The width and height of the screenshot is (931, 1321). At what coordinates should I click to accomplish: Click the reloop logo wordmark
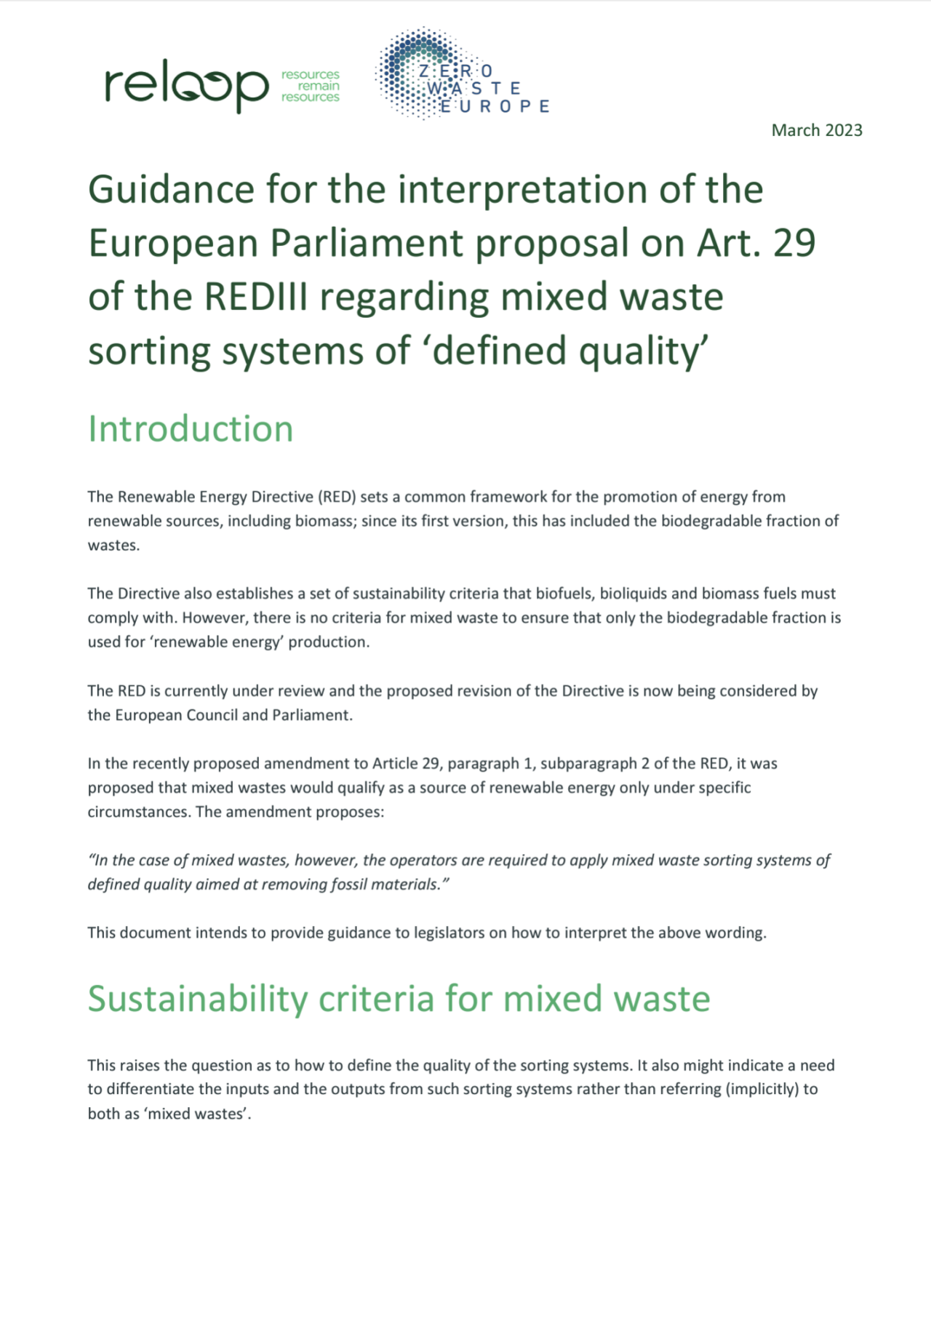click(186, 86)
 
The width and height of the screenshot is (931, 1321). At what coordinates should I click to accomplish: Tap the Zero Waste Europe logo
click(461, 76)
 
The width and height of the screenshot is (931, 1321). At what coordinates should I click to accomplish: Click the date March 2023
click(817, 130)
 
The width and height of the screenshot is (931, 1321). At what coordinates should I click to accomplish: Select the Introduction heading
click(191, 428)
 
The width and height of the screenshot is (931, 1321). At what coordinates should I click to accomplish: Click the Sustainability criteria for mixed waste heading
click(399, 998)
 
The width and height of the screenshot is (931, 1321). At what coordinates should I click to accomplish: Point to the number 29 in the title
click(794, 243)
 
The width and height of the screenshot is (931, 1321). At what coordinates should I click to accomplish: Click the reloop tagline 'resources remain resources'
click(311, 86)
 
